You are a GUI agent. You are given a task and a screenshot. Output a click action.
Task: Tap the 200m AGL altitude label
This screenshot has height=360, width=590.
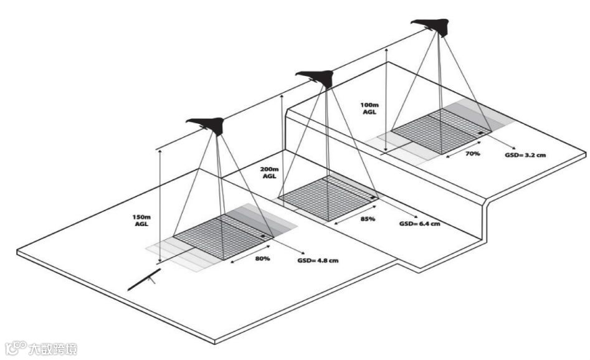point(269,172)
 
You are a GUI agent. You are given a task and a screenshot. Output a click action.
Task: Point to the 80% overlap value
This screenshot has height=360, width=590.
point(262,258)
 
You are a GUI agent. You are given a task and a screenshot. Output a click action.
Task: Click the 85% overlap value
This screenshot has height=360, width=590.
point(368,219)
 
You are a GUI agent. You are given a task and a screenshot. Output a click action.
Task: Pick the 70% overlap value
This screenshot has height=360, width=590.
point(472,153)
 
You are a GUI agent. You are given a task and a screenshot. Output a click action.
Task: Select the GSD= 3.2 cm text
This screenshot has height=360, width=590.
point(526,154)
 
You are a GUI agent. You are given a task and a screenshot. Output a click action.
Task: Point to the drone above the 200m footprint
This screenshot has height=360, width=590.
point(317,77)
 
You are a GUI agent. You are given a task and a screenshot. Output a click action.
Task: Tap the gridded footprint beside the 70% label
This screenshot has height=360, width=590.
point(440,130)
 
